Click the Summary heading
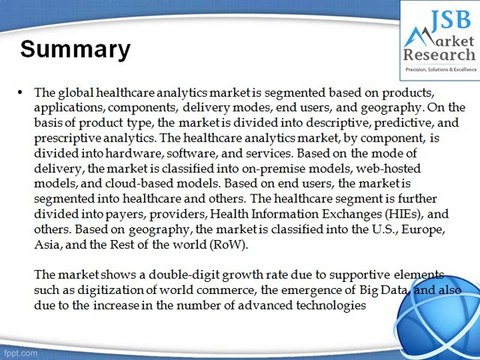coord(76,49)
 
